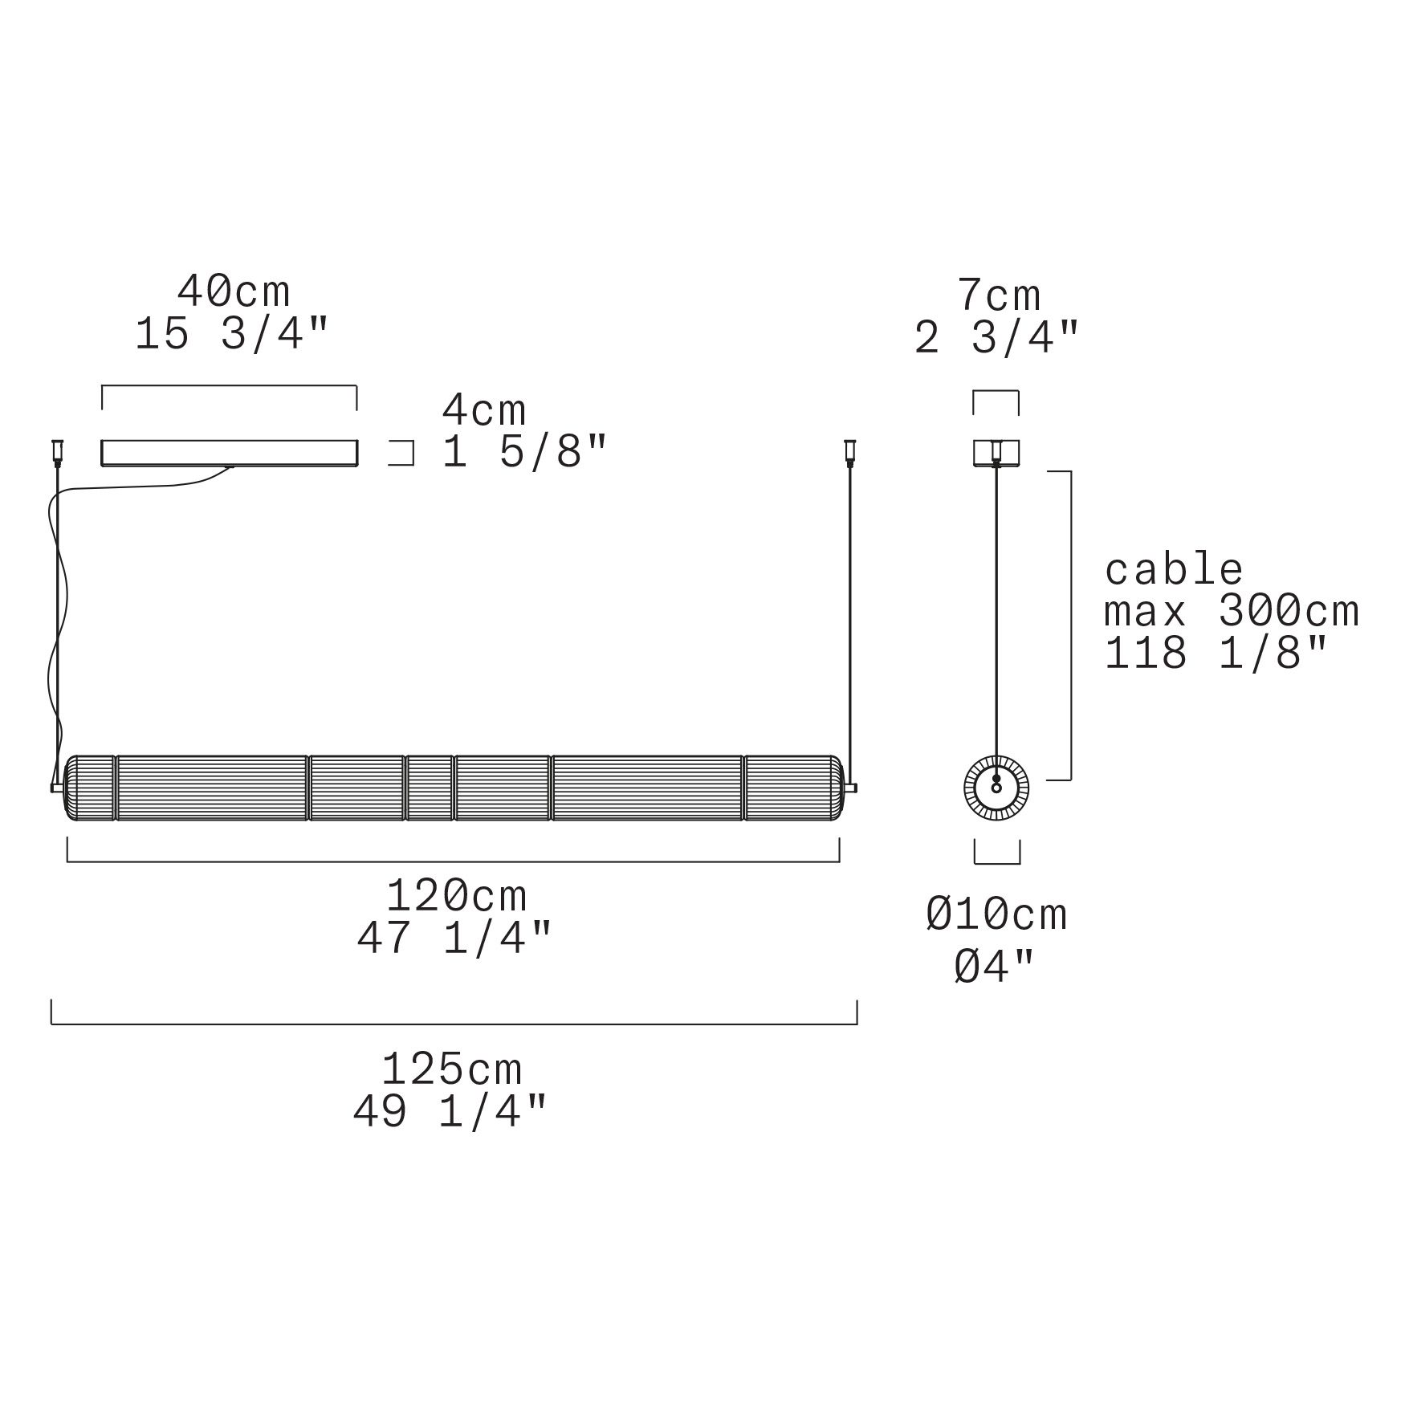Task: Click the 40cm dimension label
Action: click(x=234, y=292)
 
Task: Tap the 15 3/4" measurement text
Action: click(x=232, y=334)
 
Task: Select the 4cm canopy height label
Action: click(x=484, y=411)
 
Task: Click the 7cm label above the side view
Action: click(x=999, y=296)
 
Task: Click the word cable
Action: click(x=1174, y=570)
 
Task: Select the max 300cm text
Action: click(x=1232, y=613)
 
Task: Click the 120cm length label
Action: click(x=457, y=895)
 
